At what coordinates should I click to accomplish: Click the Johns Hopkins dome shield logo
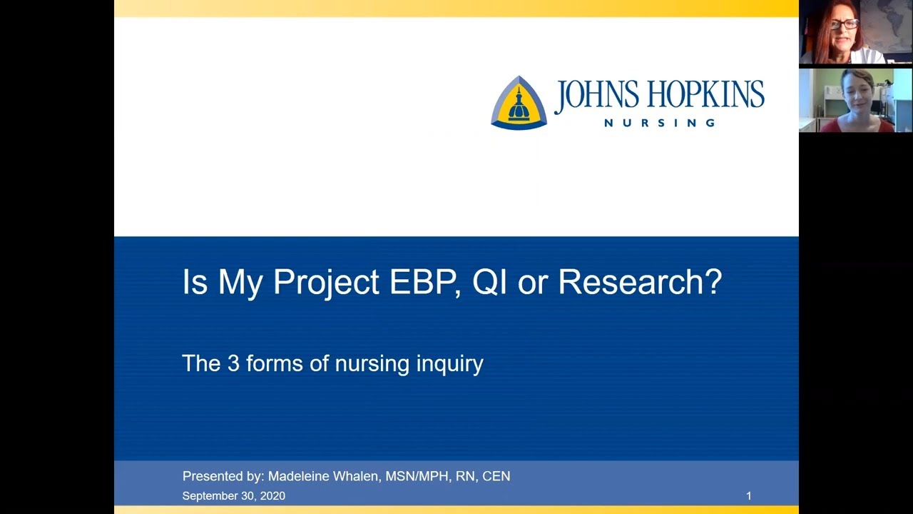point(519,103)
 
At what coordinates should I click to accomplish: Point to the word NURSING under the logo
point(660,123)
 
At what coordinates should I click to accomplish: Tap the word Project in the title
point(326,283)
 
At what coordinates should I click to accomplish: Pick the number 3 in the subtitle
point(233,363)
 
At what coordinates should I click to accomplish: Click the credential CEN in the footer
point(496,476)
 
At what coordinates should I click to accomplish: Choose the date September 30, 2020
point(233,496)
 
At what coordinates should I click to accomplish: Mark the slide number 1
point(748,496)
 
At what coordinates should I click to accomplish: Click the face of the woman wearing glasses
point(844,27)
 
